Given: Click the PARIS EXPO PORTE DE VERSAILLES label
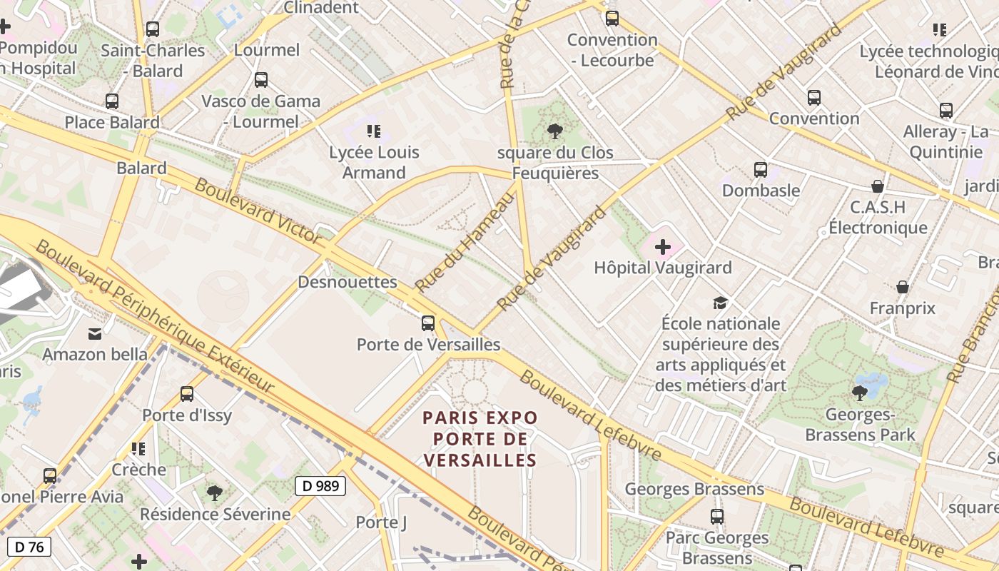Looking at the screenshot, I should [480, 438].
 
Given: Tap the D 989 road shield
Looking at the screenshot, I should [320, 486].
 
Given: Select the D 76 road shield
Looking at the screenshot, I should [29, 547].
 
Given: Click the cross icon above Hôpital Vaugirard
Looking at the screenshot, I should [663, 247].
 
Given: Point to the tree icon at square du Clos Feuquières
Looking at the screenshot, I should [554, 131].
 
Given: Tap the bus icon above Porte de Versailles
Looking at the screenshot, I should [428, 323].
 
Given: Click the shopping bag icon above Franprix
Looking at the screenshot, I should [903, 287].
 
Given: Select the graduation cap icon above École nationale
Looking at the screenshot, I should [720, 303].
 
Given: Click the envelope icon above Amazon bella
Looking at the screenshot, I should [95, 333].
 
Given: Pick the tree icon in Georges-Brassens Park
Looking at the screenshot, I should [860, 393].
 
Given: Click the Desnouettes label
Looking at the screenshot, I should [348, 282].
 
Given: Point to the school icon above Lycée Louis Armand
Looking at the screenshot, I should [374, 131].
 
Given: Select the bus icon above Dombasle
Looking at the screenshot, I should [761, 170].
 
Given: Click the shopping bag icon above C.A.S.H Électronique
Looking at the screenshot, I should [878, 186].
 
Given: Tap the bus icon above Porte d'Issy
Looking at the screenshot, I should [187, 394].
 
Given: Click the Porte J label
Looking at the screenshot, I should [381, 522].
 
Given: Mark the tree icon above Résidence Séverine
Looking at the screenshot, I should [214, 492].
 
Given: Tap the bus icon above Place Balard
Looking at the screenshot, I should [112, 101].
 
